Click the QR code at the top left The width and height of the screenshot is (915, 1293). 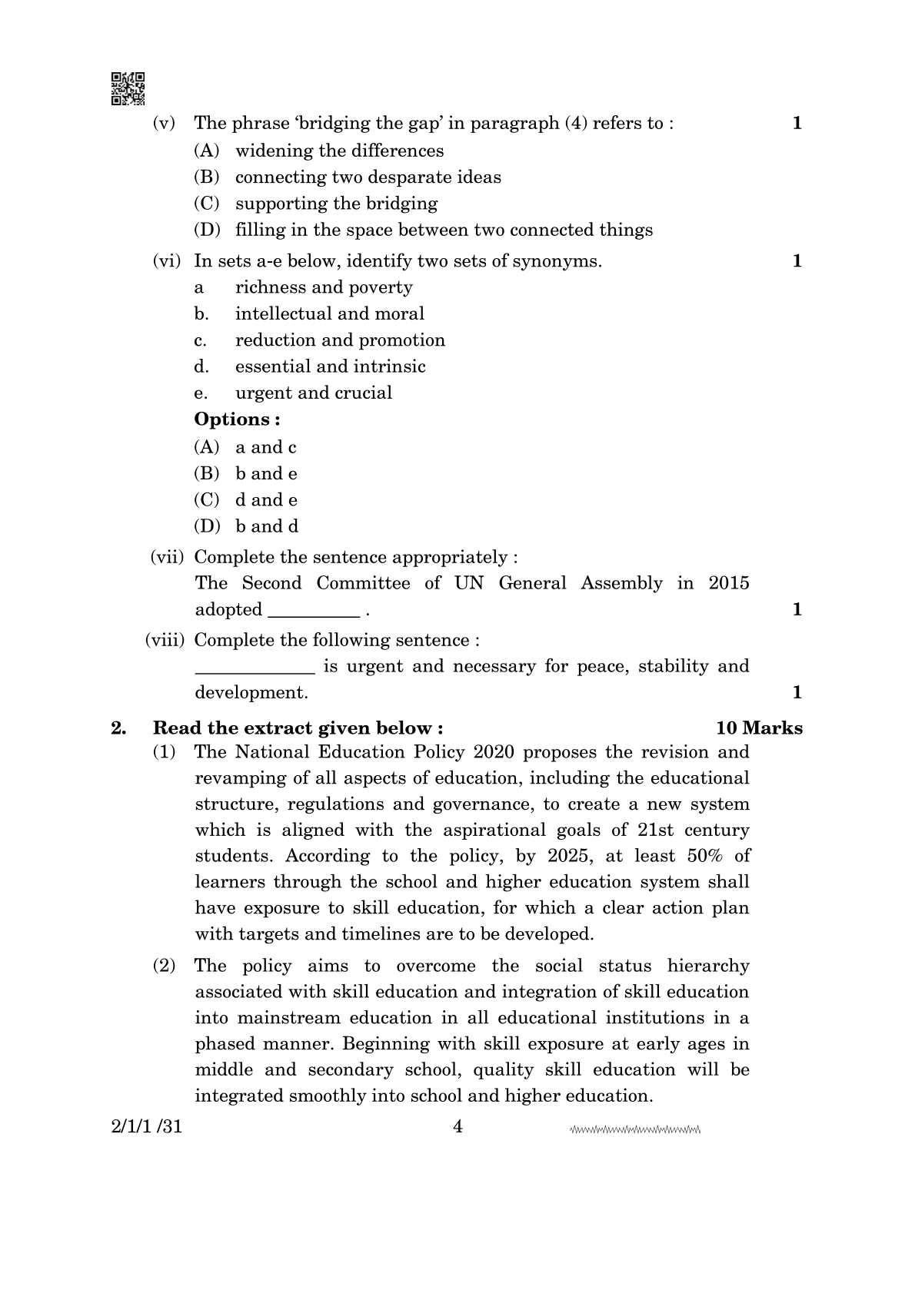point(128,88)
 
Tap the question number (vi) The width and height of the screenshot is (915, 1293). point(166,261)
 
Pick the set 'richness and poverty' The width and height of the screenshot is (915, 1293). point(324,287)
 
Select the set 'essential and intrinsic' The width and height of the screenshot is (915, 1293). point(330,366)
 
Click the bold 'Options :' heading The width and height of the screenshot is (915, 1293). point(237,419)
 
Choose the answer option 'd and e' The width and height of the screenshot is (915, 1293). point(266,500)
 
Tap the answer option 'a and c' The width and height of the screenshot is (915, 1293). point(265,447)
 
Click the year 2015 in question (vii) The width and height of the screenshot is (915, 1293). point(728,583)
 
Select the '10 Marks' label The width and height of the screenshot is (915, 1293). point(759,728)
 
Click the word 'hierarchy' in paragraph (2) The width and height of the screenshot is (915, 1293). point(707,966)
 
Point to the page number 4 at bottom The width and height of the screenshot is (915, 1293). point(457,1127)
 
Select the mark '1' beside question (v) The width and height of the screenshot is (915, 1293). point(797,123)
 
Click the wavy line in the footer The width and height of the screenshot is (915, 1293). point(635,1130)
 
